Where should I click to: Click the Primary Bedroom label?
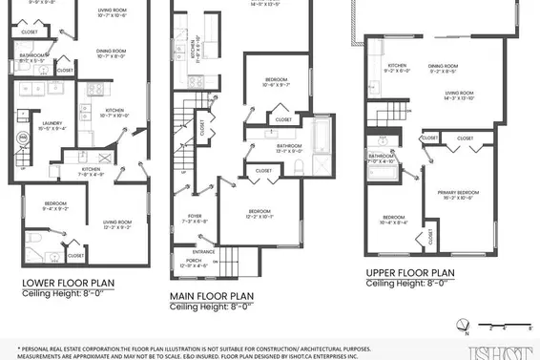coord(457,195)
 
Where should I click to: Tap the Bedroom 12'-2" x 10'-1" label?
coord(260,214)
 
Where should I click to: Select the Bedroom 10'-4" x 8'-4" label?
coord(394,221)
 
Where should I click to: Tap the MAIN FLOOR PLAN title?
coord(218,296)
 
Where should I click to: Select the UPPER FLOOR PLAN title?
coord(410,272)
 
